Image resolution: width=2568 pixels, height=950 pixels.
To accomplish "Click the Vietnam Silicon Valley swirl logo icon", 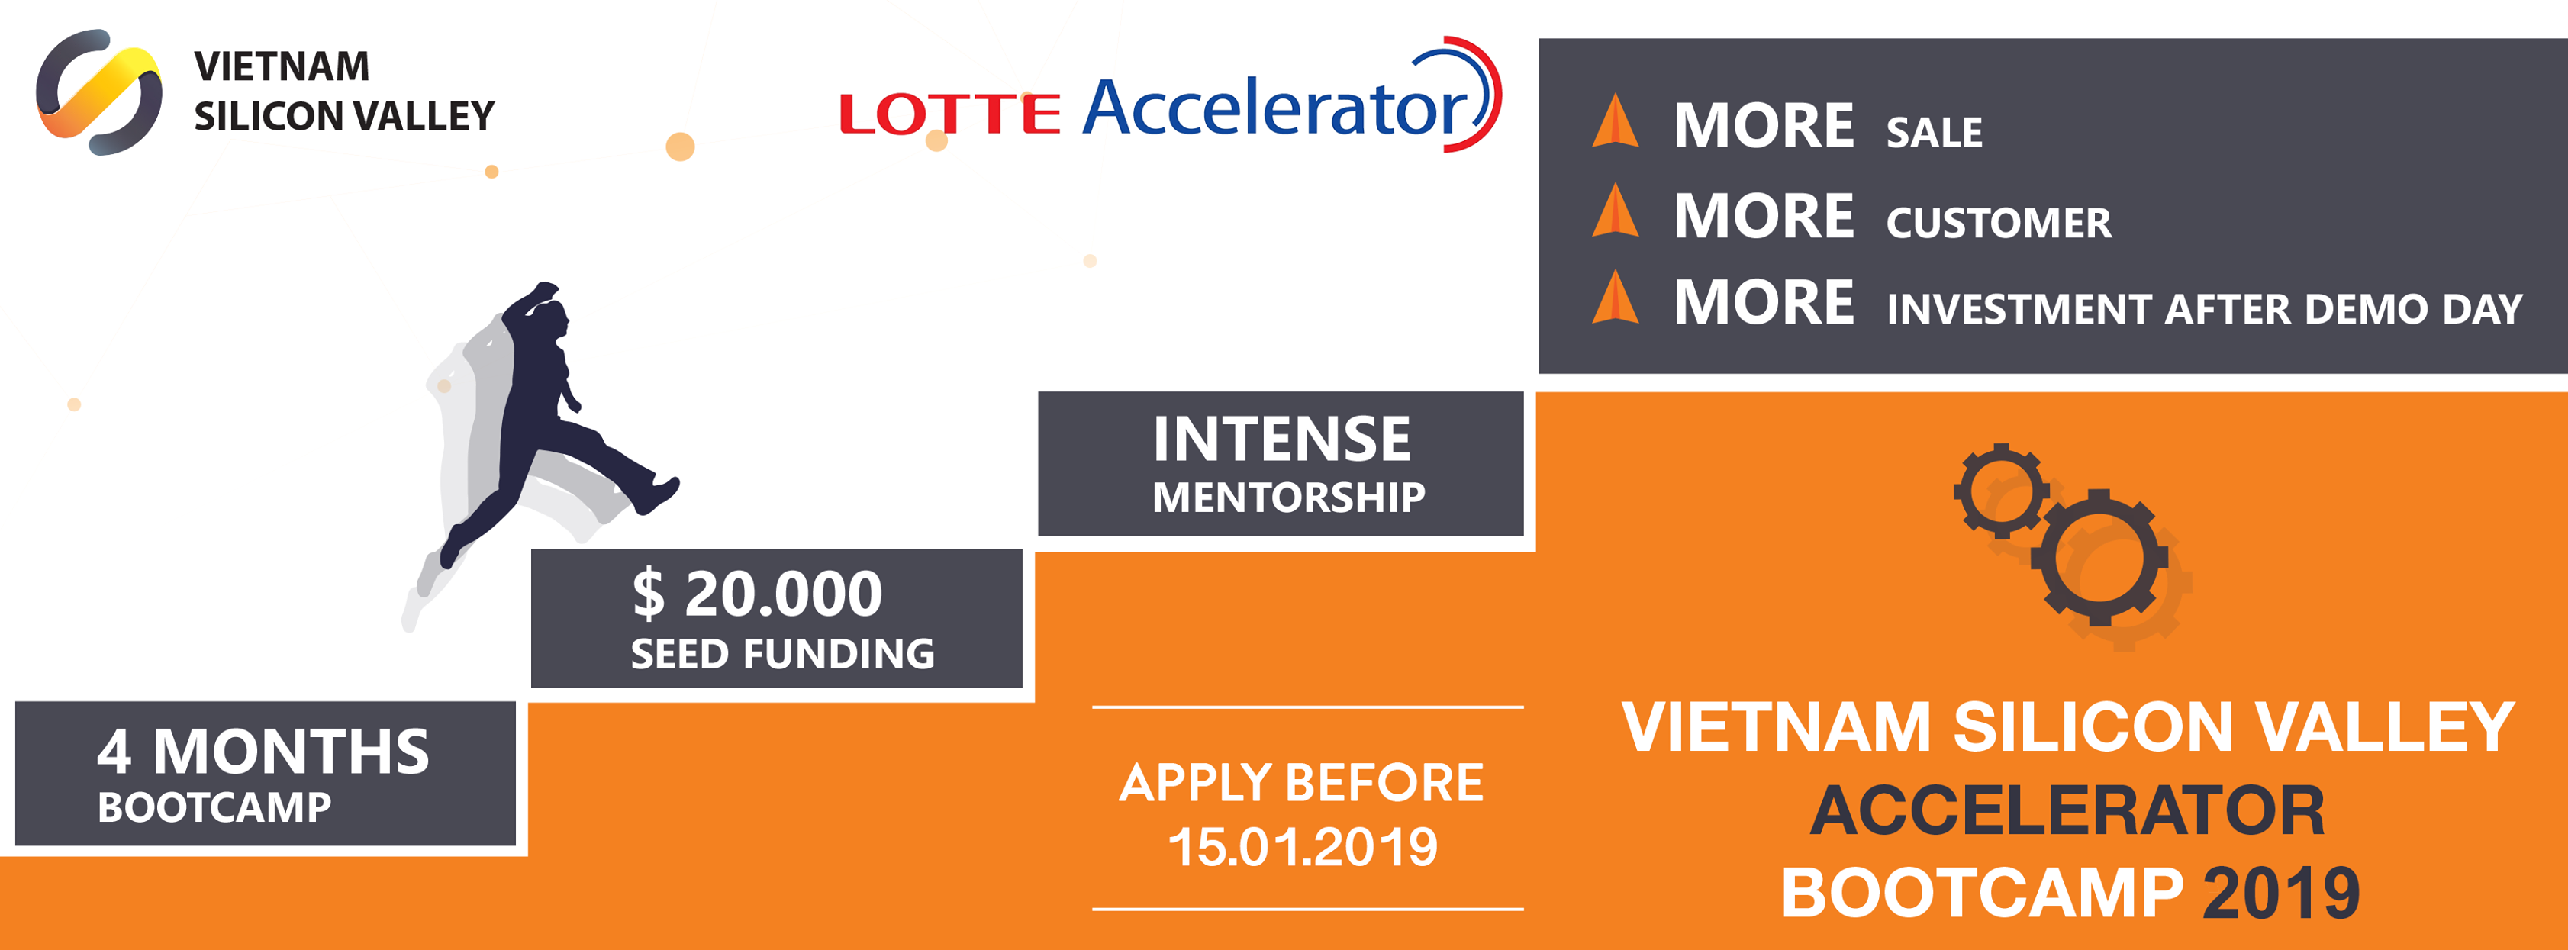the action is (x=98, y=92).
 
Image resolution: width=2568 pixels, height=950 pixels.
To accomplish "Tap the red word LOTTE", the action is (x=949, y=114).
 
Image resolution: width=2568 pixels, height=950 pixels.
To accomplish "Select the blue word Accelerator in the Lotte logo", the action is (x=1276, y=107).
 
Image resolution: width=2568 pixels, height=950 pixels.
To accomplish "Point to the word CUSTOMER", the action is (x=1999, y=222).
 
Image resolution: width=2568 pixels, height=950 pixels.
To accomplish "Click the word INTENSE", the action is (x=1282, y=439).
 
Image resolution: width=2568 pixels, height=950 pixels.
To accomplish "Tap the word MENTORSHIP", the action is (x=1289, y=498).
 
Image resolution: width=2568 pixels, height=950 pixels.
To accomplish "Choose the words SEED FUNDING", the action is (x=782, y=654).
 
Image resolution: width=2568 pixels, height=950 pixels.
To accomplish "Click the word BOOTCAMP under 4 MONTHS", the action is (x=214, y=807).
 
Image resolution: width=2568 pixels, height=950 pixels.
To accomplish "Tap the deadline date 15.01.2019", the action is (x=1303, y=847).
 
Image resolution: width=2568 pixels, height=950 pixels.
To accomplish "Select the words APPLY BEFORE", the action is (x=1301, y=783).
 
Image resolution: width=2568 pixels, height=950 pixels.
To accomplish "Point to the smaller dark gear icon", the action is (x=2002, y=491).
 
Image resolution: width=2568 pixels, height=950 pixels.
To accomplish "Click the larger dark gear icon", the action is (x=2099, y=557).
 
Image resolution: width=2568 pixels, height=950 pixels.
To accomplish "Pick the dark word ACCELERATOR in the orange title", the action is (x=2067, y=810).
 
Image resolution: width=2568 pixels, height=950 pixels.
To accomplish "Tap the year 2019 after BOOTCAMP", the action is (x=2281, y=894).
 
